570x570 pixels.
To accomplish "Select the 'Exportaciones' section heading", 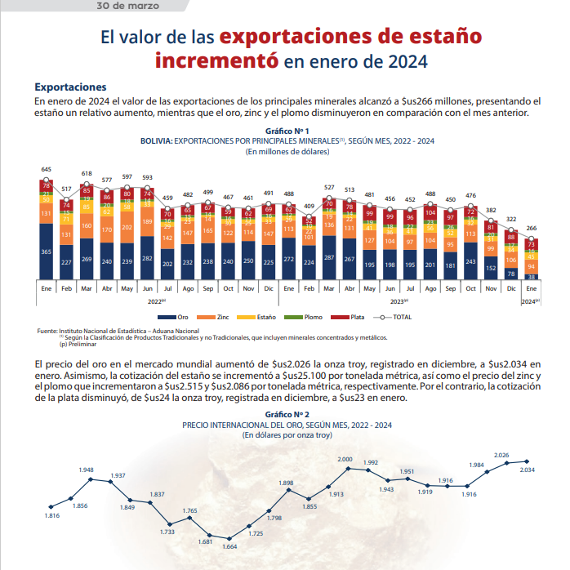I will [x=70, y=86].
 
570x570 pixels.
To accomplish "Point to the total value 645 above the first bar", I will [x=47, y=169].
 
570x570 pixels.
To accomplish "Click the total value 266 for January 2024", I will [x=532, y=229].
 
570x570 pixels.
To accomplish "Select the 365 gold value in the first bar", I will [x=47, y=252].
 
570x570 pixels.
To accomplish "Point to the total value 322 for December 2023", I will [x=512, y=219].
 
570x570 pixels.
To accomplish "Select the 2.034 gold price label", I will [x=528, y=470].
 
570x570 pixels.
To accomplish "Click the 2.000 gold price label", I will [x=345, y=460].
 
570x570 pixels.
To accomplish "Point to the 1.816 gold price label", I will [x=52, y=516].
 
